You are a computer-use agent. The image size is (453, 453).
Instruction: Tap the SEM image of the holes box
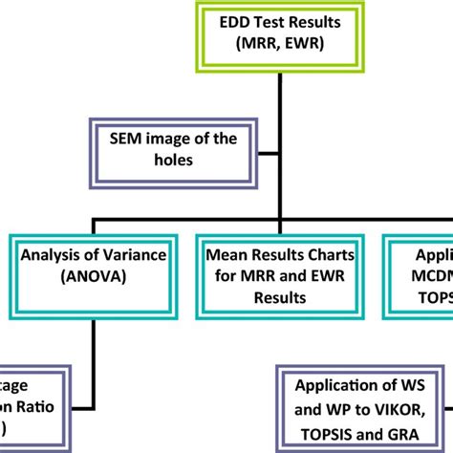click(x=168, y=151)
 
